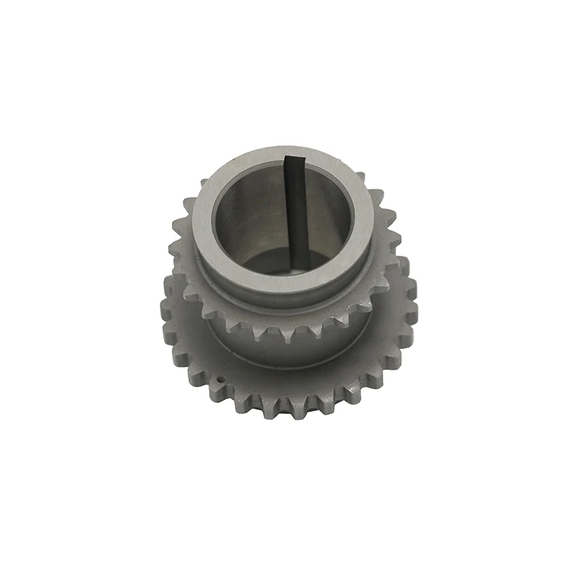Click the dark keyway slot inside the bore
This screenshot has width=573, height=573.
pyautogui.click(x=294, y=215)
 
